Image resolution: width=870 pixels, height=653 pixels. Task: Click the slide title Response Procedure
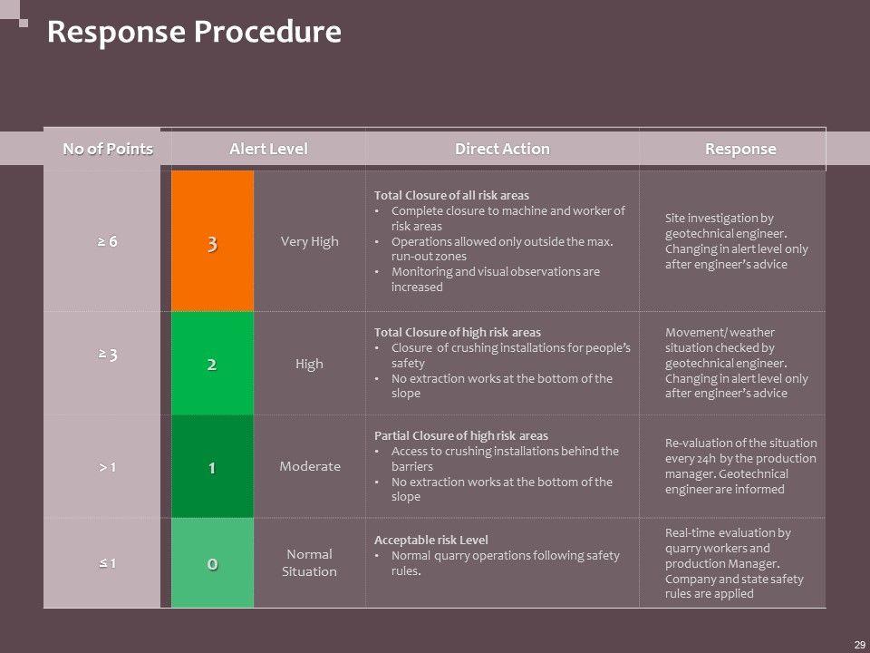[x=194, y=33]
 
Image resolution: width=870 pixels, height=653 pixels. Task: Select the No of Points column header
[x=108, y=149]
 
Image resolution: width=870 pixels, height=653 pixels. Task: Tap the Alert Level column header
[x=268, y=149]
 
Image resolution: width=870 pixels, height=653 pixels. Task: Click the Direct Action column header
[x=502, y=149]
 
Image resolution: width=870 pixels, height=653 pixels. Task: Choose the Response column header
[x=740, y=149]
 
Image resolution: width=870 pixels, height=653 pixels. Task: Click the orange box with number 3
[x=212, y=242]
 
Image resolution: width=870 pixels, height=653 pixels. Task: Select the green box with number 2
[x=212, y=364]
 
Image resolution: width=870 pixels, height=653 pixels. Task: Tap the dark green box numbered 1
[x=212, y=467]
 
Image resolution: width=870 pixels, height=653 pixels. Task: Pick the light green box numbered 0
[x=212, y=563]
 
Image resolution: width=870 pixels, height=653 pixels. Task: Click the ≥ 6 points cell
[x=108, y=242]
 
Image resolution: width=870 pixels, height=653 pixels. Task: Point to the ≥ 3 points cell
[x=108, y=354]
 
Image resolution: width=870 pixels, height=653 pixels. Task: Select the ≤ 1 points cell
[x=108, y=563]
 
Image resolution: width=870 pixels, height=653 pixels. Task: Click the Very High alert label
[x=310, y=242]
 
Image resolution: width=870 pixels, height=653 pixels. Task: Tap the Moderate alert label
[x=310, y=466]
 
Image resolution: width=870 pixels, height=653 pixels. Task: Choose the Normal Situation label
[x=310, y=562]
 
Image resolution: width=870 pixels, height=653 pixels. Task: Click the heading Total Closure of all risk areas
[x=451, y=196]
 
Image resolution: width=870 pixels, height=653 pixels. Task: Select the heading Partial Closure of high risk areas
[x=460, y=435]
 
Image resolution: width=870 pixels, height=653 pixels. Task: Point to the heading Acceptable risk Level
[x=430, y=540]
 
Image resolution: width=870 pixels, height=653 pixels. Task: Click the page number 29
[x=859, y=644]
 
